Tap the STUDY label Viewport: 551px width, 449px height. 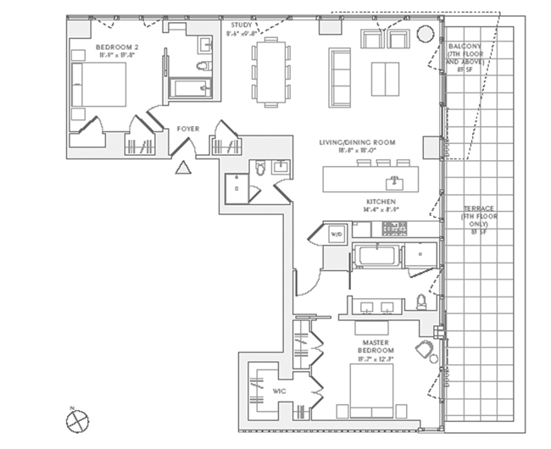click(242, 26)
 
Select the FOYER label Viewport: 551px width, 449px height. click(188, 130)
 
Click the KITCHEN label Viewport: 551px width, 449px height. click(381, 202)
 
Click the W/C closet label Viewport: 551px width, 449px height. click(278, 391)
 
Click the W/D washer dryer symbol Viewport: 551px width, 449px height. click(336, 233)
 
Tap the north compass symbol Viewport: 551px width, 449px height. click(75, 419)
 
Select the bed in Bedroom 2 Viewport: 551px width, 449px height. click(97, 84)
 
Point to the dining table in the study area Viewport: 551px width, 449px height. click(270, 71)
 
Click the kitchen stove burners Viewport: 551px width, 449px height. click(394, 227)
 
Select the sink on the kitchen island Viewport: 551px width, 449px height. click(392, 181)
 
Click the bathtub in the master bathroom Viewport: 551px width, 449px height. click(374, 257)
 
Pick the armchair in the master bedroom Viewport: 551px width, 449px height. click(424, 351)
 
